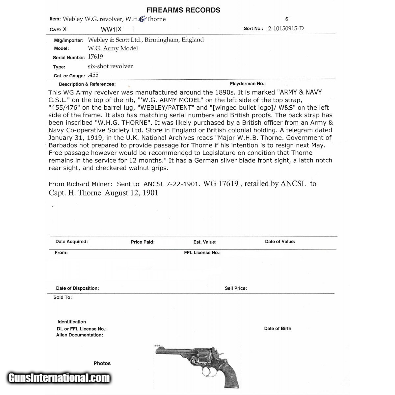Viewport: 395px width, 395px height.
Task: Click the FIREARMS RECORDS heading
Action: (183, 10)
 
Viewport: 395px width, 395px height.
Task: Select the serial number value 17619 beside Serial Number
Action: (95, 57)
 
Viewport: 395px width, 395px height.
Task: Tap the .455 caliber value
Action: (93, 75)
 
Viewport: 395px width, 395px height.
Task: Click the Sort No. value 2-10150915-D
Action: (286, 28)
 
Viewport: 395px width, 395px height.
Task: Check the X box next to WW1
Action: (125, 29)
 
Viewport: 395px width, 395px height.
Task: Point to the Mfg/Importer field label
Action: (68, 40)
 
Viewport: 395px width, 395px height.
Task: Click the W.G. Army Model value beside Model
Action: (113, 48)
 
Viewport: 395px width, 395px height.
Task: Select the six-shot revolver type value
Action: (110, 66)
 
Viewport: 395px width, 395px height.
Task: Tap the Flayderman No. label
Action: (248, 84)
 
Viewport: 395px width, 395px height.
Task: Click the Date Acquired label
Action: (71, 242)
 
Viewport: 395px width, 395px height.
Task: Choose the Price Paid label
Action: (143, 242)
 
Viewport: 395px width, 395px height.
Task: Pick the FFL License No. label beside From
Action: (202, 253)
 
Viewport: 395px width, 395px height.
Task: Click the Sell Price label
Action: (236, 288)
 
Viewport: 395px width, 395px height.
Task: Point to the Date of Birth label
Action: (277, 329)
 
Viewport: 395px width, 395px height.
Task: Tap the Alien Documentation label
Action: (79, 335)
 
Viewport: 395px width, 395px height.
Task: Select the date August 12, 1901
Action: (132, 193)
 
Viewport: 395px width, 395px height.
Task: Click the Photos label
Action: (102, 363)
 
